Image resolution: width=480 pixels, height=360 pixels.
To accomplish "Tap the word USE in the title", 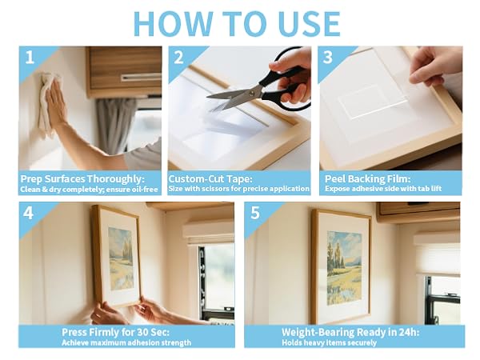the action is click(310, 24).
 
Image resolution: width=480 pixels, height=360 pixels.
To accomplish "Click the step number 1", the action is click(30, 58).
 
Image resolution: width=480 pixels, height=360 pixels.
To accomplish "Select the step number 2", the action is click(178, 58).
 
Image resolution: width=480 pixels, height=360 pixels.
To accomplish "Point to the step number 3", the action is click(327, 58).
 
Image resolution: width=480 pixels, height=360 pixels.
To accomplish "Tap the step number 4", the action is click(28, 213).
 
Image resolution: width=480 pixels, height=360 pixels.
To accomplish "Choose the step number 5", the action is click(255, 213).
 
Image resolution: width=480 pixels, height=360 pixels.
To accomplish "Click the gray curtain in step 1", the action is click(114, 126).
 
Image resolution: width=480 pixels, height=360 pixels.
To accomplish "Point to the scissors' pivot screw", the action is click(251, 94).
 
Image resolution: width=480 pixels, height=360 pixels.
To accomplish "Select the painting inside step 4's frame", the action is click(122, 258).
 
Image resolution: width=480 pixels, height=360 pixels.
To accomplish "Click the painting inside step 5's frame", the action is click(344, 268).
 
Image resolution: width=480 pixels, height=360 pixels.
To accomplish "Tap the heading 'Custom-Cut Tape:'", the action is click(210, 178).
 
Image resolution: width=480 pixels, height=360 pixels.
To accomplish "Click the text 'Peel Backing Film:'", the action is click(367, 178).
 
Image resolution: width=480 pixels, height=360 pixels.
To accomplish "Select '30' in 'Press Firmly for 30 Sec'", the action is click(143, 332).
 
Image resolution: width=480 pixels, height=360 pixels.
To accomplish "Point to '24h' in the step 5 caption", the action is click(406, 332).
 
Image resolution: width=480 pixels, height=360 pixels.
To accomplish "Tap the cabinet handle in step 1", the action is click(141, 78).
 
